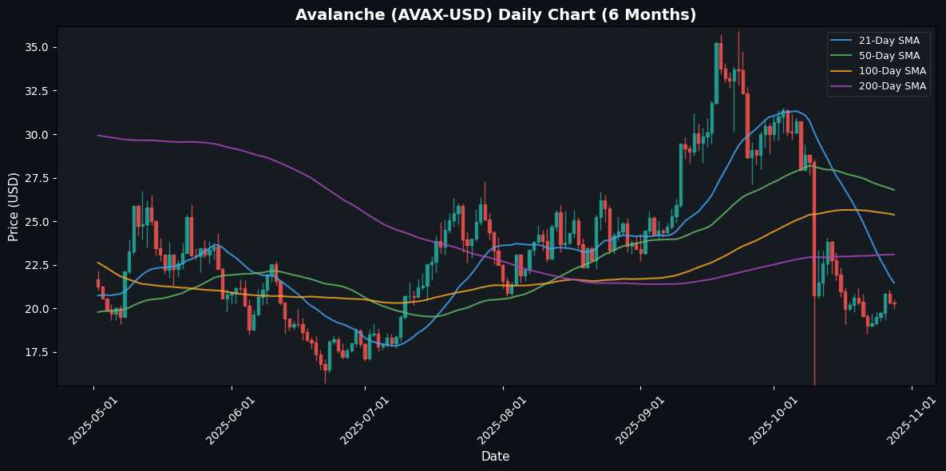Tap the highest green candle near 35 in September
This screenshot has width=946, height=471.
716,72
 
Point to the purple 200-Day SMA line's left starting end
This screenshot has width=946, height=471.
98,135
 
